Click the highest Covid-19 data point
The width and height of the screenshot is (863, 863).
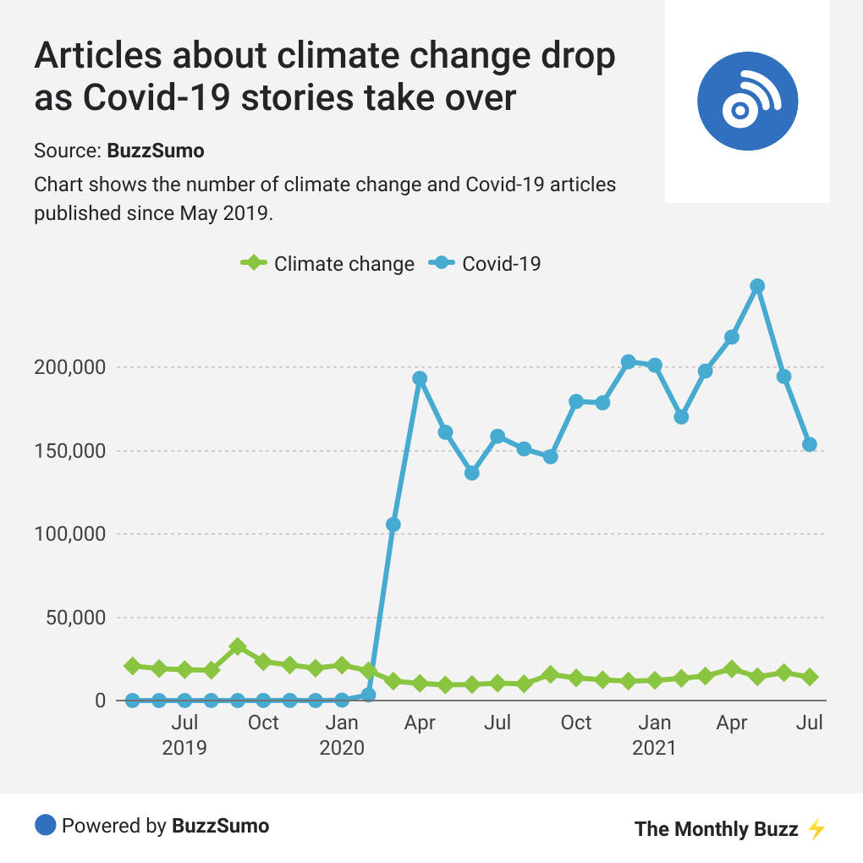pyautogui.click(x=757, y=286)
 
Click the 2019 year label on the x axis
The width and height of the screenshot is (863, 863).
pyautogui.click(x=184, y=748)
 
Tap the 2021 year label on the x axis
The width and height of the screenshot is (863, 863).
pyautogui.click(x=654, y=748)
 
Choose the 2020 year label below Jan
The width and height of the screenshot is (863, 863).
pyautogui.click(x=342, y=748)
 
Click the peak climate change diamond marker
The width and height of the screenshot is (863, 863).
pyautogui.click(x=238, y=647)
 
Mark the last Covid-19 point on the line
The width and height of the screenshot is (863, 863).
pyautogui.click(x=810, y=444)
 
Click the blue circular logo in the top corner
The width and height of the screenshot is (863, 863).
pyautogui.click(x=747, y=101)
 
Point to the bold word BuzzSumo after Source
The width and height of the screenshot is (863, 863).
pyautogui.click(x=156, y=151)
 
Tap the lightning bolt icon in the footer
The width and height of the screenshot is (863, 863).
pyautogui.click(x=816, y=828)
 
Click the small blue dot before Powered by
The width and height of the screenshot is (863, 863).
pyautogui.click(x=45, y=825)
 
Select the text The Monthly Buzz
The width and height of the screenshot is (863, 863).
pyautogui.click(x=716, y=828)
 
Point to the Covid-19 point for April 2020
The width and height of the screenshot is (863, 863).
pyautogui.click(x=420, y=378)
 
